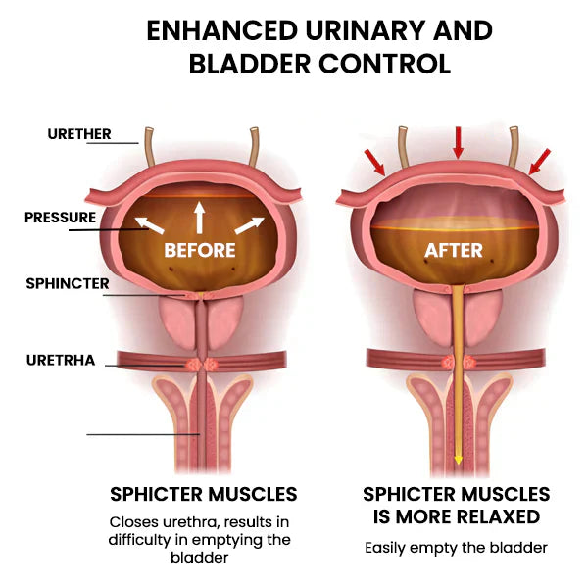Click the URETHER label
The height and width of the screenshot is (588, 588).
[x=79, y=134]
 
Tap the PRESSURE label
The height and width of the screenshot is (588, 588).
[x=61, y=218]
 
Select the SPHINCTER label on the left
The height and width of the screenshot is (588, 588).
[x=68, y=284]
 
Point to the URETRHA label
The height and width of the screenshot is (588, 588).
[x=61, y=360]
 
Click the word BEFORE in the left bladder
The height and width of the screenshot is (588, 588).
[x=200, y=250]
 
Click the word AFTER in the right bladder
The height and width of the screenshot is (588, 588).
[x=454, y=251]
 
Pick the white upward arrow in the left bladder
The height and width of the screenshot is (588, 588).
[x=199, y=217]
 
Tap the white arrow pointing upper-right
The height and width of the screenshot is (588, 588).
[x=248, y=226]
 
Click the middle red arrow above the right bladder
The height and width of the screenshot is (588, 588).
[x=457, y=144]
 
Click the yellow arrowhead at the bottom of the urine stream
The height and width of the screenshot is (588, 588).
[x=458, y=460]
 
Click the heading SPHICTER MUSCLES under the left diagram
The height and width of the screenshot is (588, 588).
[x=203, y=494]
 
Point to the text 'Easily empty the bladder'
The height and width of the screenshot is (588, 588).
[x=456, y=547]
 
